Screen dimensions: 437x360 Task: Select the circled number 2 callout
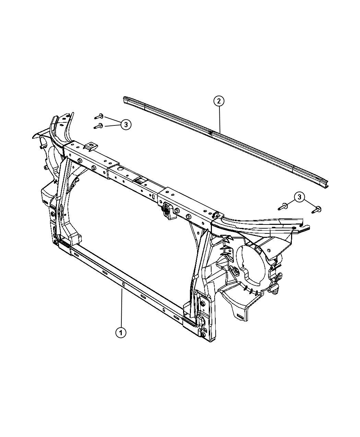pos(219,101)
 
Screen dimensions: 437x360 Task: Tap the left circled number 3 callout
pos(126,125)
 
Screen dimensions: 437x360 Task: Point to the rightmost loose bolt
pos(317,209)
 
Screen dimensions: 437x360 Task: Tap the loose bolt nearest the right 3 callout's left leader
pos(283,207)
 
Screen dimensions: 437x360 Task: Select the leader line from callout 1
pos(121,308)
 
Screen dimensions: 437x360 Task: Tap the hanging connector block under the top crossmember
pos(167,210)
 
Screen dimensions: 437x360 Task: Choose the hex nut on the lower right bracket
pos(203,303)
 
